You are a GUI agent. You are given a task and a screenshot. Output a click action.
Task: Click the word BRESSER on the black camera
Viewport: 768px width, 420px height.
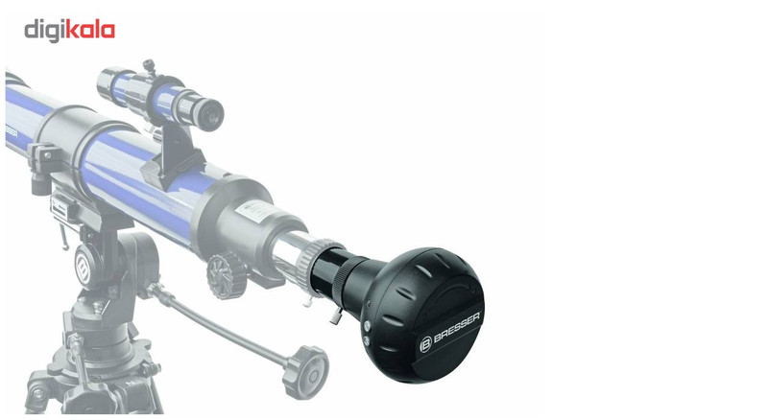[x=457, y=328]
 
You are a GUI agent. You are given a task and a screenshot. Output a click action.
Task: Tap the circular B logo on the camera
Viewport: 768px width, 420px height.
[x=425, y=344]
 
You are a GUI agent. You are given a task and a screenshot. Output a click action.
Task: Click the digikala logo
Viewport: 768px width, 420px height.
[x=69, y=31]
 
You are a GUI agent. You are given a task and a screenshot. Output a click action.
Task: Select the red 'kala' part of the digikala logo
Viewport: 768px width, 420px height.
[x=90, y=30]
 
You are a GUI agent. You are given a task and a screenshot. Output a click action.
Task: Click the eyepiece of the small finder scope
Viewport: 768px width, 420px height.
[x=209, y=113]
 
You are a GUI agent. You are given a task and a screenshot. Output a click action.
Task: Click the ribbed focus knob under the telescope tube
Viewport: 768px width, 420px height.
[x=227, y=275]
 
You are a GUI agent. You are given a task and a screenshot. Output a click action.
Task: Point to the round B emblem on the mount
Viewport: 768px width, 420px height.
[x=84, y=267]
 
